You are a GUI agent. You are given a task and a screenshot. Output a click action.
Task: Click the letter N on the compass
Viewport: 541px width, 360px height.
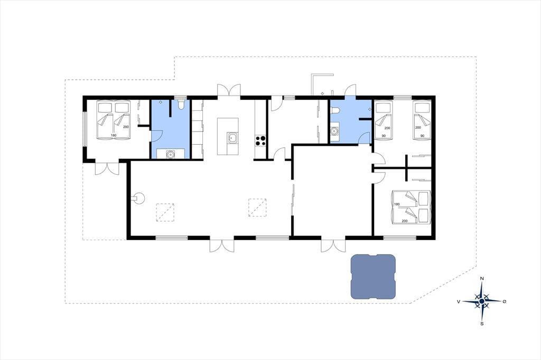click(482, 279)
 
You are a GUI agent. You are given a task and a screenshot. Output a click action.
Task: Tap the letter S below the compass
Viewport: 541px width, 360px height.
click(482, 324)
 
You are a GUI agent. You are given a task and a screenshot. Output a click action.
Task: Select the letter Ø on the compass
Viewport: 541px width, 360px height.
click(505, 301)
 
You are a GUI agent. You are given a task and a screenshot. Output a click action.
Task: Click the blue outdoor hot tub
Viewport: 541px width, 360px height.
click(372, 277)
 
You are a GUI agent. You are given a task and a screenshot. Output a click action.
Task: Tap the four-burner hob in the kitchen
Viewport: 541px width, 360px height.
click(260, 140)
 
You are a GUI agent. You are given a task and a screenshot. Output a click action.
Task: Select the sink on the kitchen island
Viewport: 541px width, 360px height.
click(232, 138)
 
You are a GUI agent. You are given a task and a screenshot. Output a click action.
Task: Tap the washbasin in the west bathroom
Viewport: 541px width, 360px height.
click(171, 154)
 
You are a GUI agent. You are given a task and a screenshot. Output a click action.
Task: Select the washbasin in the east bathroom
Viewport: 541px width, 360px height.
click(334, 131)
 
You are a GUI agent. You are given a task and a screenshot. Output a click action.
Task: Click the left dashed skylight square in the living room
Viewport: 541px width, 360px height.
click(165, 212)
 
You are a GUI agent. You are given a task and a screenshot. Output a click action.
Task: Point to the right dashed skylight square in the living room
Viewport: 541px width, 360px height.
click(257, 207)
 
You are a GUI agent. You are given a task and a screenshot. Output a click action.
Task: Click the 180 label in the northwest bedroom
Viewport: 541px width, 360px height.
click(114, 136)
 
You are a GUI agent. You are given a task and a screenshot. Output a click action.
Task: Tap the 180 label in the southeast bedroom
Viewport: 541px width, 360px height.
click(397, 204)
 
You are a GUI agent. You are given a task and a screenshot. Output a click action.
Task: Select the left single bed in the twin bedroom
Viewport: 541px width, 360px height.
click(384, 120)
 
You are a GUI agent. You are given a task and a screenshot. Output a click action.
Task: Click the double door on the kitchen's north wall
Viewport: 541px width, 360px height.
click(229, 91)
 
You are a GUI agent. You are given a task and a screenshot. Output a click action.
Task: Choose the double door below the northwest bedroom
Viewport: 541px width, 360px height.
click(107, 168)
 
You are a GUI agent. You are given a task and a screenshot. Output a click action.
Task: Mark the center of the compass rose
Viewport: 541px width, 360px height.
click(482, 301)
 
